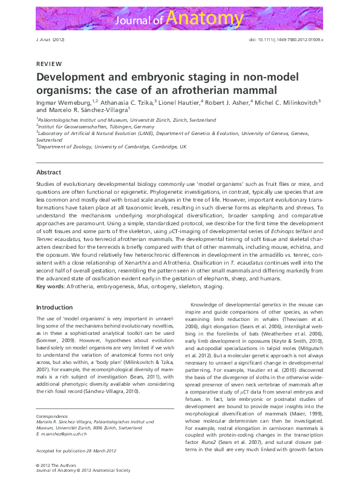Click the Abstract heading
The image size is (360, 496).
click(48, 173)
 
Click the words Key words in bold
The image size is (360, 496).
click(50, 286)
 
